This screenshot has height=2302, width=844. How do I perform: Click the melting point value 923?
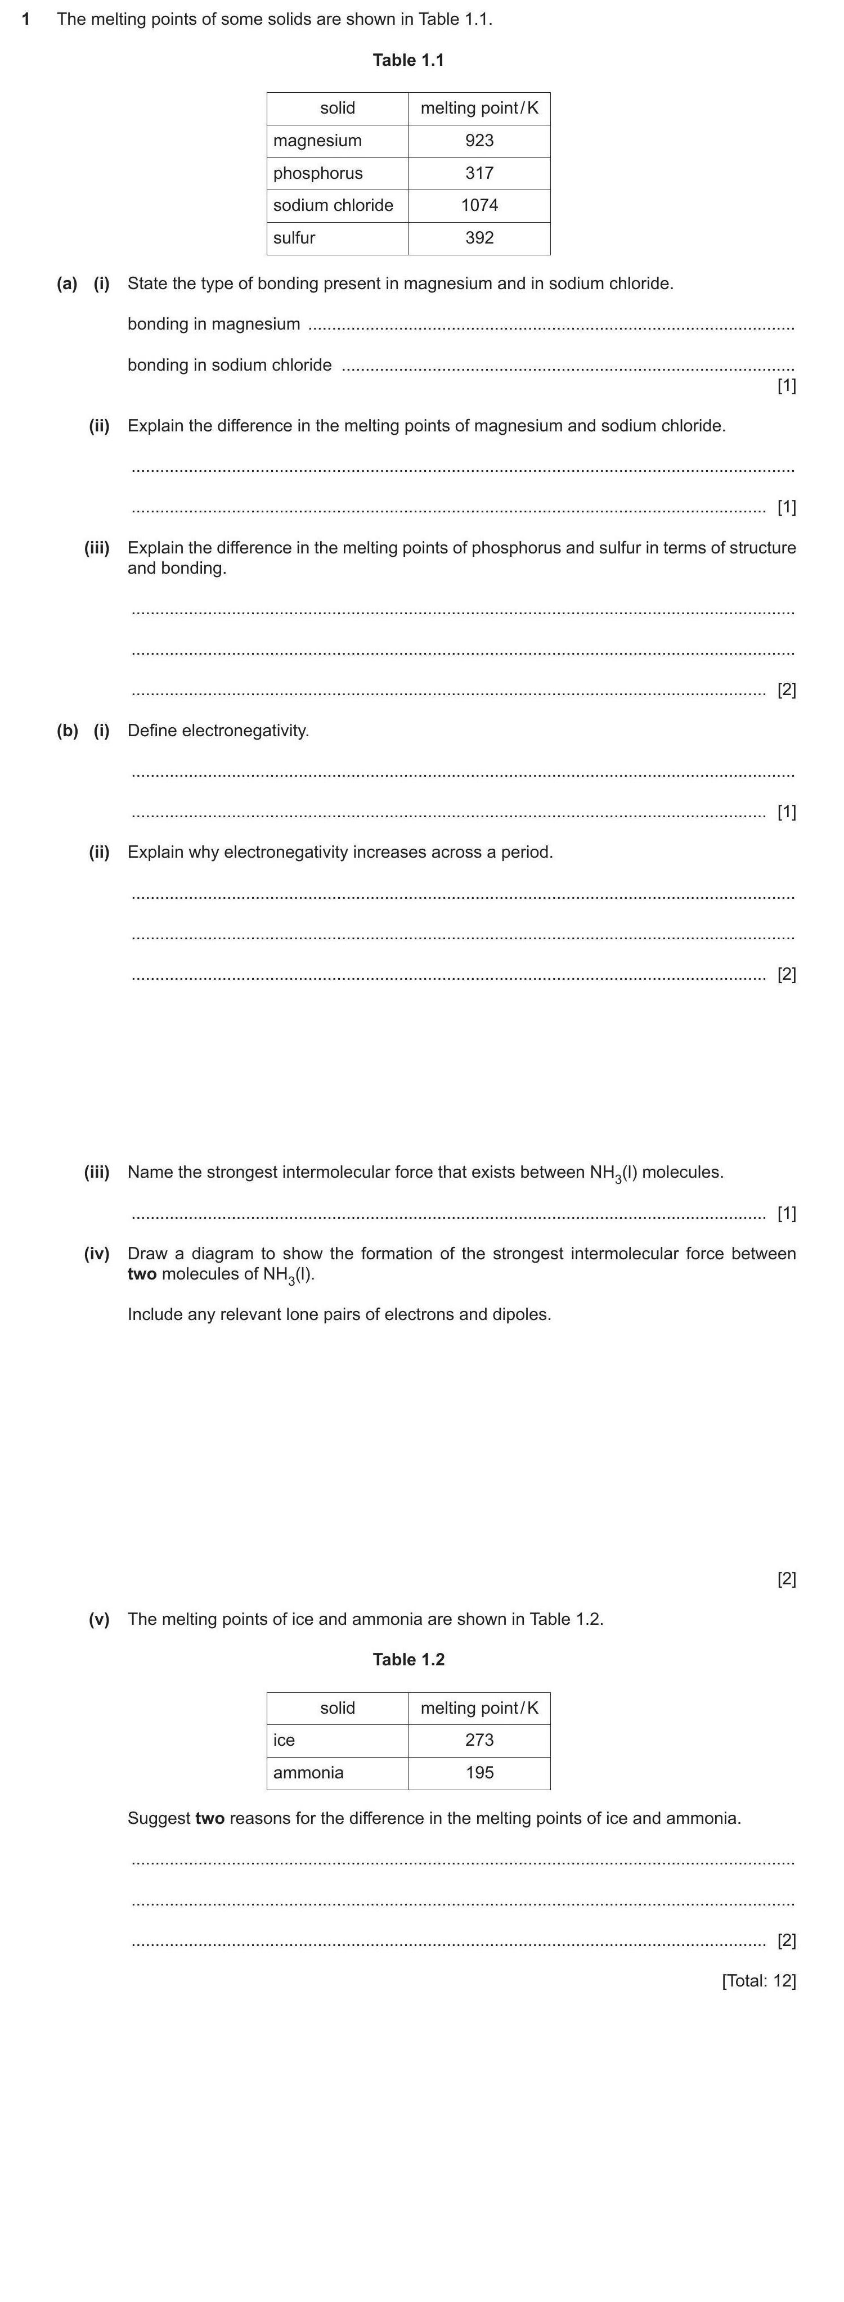coord(479,140)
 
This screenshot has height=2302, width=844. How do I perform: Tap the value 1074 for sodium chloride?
coord(479,205)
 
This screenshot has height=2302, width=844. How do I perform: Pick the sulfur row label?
coord(294,238)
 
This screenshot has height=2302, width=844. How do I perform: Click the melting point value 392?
coord(479,238)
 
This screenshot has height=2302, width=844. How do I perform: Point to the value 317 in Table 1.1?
coord(479,173)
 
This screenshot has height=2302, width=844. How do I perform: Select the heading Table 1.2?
coord(408,1660)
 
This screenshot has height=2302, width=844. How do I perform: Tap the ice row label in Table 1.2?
coord(284,1740)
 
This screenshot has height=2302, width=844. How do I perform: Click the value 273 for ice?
coord(479,1740)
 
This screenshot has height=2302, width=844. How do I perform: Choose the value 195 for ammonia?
coord(479,1772)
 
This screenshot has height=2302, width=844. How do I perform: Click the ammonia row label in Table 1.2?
coord(308,1772)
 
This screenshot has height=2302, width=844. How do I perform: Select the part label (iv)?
coord(97,1254)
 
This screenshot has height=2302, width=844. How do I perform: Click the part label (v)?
coord(98,1619)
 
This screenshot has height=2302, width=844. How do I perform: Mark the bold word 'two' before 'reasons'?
coord(209,1818)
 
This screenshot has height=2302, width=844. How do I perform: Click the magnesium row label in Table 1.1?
coord(317,140)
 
